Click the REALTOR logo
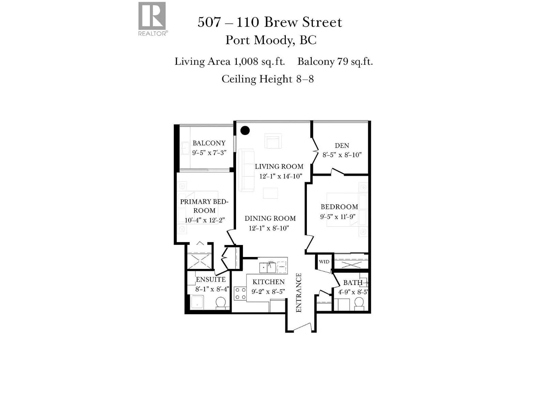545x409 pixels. (x=152, y=18)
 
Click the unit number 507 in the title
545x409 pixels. (x=209, y=22)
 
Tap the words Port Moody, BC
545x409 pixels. (x=271, y=40)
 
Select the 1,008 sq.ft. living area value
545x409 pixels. (x=259, y=62)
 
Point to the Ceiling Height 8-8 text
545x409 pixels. (x=267, y=79)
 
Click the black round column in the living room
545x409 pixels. (x=245, y=130)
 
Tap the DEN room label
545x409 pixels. (x=342, y=146)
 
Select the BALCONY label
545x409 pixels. (x=209, y=143)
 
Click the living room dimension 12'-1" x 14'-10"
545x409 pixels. (x=280, y=176)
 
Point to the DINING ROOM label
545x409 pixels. (x=270, y=218)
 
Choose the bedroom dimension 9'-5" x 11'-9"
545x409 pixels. (x=338, y=217)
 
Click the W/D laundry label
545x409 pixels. (x=324, y=262)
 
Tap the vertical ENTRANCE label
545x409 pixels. (x=299, y=292)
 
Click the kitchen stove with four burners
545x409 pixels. (x=240, y=293)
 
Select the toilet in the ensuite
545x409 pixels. (x=221, y=303)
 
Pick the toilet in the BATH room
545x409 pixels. (x=359, y=302)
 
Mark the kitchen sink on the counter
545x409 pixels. (x=267, y=267)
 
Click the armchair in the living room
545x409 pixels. (x=273, y=141)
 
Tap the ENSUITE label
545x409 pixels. (x=211, y=279)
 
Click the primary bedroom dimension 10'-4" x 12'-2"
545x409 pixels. (x=204, y=220)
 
